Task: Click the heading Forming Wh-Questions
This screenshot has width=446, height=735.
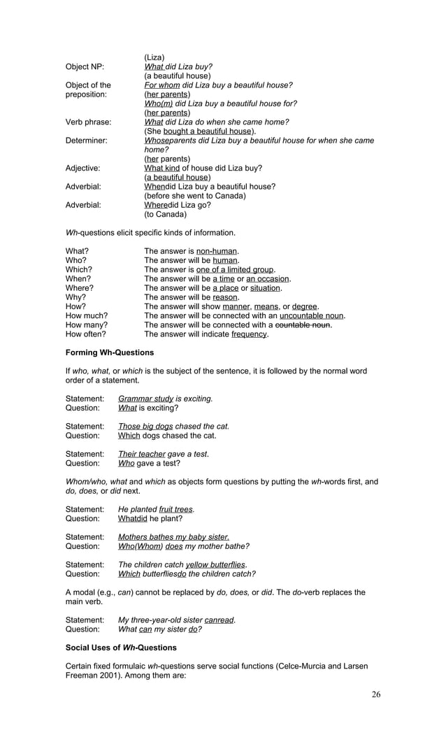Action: (109, 352)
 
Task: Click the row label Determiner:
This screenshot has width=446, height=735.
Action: (86, 141)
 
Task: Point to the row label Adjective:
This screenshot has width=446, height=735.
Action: (83, 169)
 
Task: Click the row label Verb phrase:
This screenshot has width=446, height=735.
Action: (88, 122)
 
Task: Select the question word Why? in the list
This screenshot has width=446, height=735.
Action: (75, 297)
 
